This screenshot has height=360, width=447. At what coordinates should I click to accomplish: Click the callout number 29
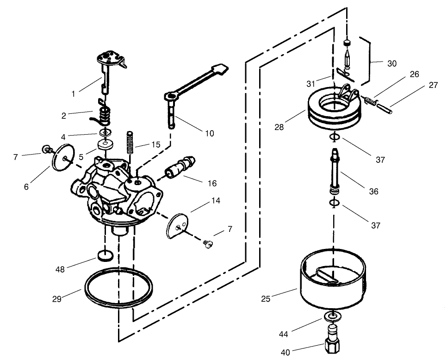[56, 299]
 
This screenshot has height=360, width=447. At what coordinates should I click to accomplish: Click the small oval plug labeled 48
[106, 255]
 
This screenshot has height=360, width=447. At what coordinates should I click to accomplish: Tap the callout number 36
[373, 191]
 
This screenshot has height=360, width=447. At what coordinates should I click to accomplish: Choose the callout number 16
[212, 183]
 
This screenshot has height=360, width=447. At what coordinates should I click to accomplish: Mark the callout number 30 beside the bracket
[391, 64]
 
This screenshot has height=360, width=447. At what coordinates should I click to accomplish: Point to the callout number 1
[73, 93]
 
